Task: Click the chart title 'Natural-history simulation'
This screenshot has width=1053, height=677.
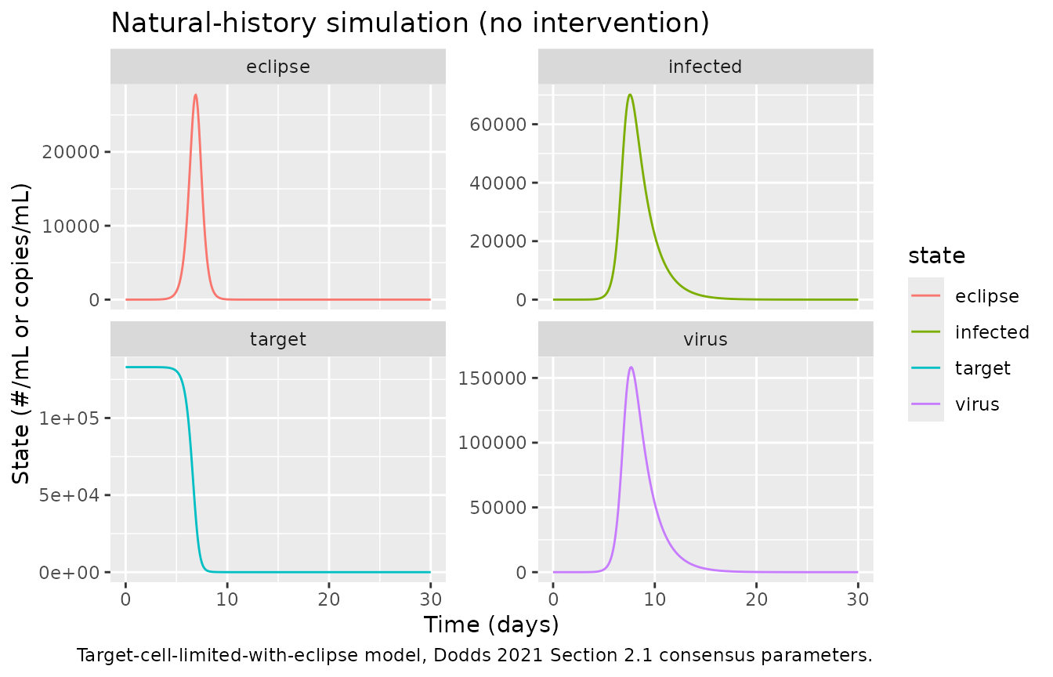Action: [290, 23]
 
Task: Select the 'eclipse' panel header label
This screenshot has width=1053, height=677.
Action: [278, 67]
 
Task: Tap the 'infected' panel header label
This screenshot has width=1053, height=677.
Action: [705, 67]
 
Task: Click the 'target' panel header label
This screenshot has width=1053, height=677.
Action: [278, 339]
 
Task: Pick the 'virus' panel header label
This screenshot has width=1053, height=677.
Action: [705, 339]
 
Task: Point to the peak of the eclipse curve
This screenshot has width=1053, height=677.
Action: [196, 95]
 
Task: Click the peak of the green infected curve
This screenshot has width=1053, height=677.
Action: [630, 95]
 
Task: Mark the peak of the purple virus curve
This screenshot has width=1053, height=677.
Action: [631, 367]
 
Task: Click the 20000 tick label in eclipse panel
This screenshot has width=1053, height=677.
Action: [71, 152]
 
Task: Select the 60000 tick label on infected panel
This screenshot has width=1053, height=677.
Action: [498, 125]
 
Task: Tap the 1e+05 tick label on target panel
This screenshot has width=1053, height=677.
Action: [69, 418]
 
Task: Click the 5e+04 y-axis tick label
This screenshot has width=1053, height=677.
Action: [69, 495]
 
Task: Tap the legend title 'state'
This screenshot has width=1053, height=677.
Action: [936, 256]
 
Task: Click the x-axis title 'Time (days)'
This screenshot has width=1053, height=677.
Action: [491, 625]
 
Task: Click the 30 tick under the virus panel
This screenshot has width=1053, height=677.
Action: [858, 599]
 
